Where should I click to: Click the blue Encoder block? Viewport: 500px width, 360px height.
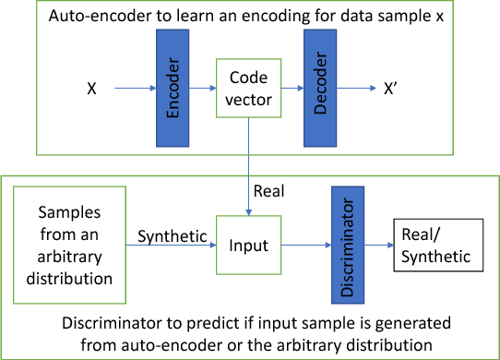point(173,90)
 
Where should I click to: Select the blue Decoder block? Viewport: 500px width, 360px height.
point(316,90)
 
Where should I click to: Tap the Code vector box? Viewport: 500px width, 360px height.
point(245,90)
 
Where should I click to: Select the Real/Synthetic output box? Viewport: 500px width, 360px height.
point(438,246)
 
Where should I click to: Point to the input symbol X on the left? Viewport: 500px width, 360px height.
point(92,90)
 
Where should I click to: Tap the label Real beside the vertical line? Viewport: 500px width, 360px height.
point(269,192)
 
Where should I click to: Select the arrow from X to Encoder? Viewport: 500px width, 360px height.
point(133,90)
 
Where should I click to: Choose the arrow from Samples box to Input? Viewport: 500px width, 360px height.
point(170,246)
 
